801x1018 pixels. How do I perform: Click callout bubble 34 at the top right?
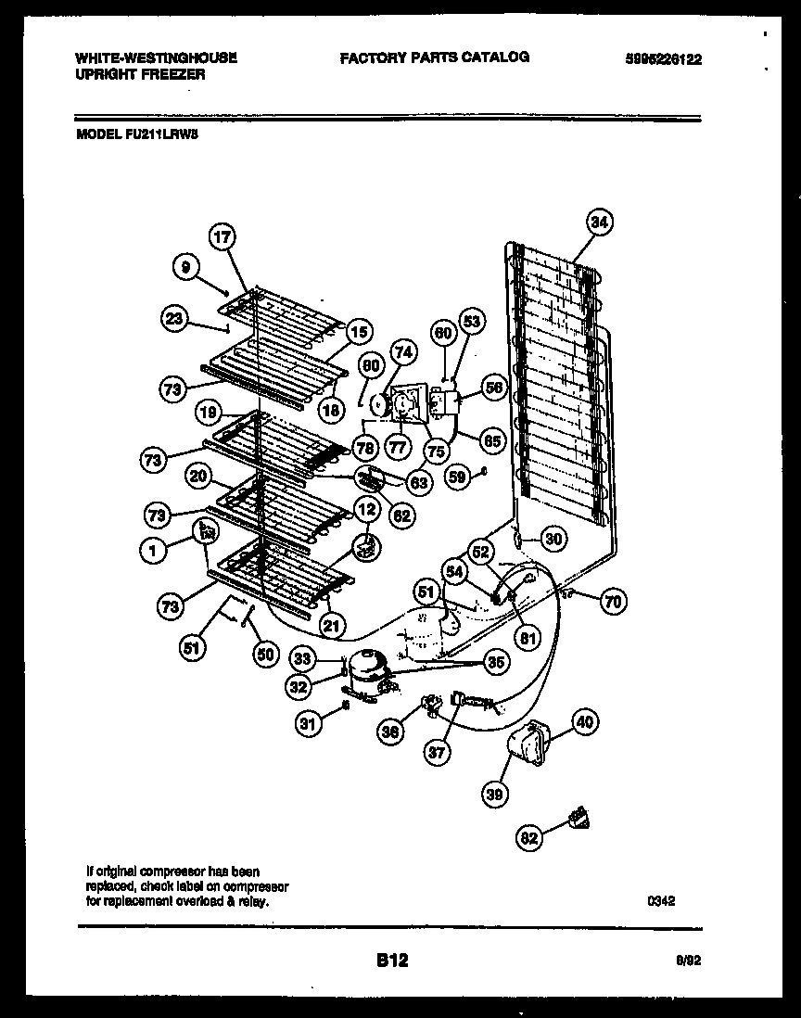(x=600, y=222)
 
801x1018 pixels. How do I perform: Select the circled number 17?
(x=222, y=236)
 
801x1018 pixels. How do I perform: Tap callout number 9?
(x=186, y=268)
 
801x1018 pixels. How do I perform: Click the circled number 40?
(x=585, y=721)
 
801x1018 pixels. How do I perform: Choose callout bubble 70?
(x=612, y=602)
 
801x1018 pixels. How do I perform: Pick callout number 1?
(x=153, y=551)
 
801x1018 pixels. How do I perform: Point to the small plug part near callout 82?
(x=581, y=817)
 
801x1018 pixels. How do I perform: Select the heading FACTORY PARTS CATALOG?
(x=434, y=57)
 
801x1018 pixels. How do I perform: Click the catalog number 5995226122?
(x=663, y=58)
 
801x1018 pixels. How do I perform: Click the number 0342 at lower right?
(x=660, y=898)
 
